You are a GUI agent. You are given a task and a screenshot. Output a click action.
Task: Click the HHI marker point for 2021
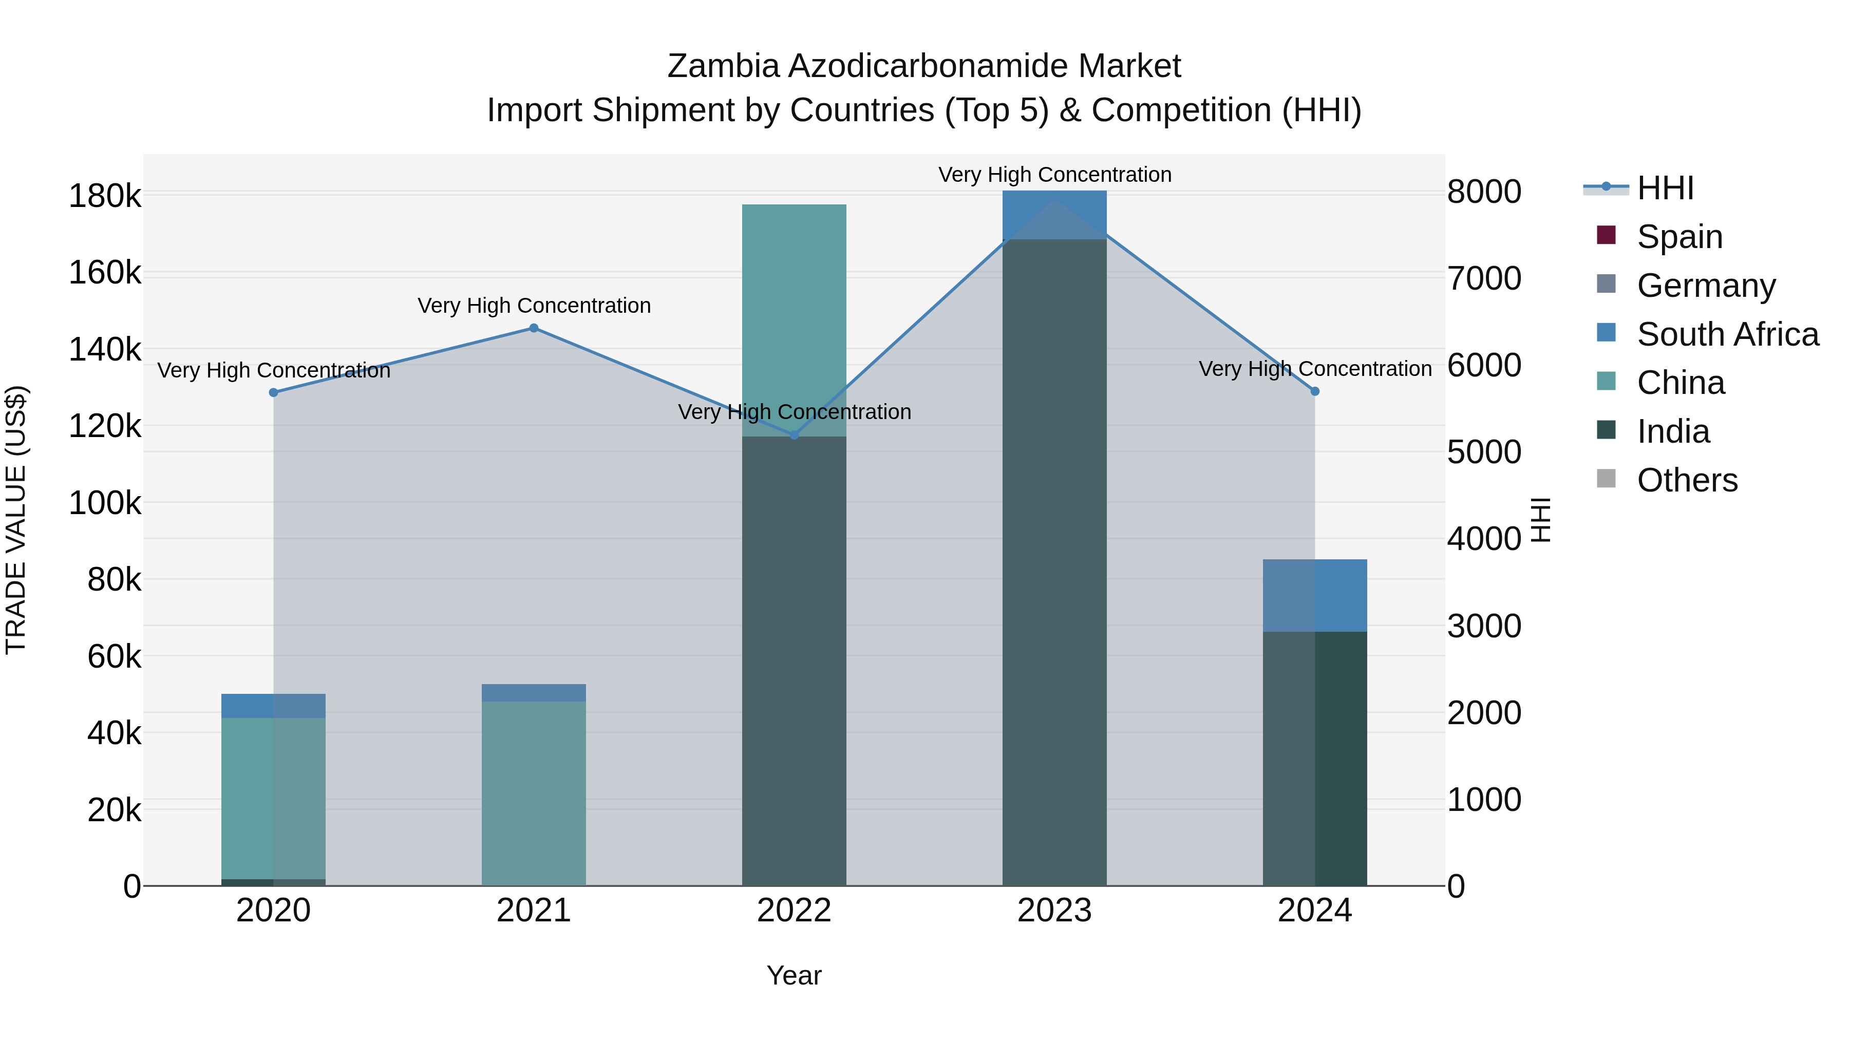(533, 328)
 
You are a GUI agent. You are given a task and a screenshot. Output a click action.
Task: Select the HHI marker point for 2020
(273, 392)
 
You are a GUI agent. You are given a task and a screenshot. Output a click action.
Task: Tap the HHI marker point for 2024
(1315, 391)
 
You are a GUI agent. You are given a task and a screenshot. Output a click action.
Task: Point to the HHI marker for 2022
(794, 435)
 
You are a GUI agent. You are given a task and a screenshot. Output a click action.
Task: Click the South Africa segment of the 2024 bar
(1315, 595)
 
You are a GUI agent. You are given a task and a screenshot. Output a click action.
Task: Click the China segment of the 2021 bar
(533, 793)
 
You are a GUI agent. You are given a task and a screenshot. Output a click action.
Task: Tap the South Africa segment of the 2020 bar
(273, 706)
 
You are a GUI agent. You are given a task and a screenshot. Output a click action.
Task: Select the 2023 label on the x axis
(1054, 911)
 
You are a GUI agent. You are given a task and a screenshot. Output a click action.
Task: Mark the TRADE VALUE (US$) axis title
(16, 520)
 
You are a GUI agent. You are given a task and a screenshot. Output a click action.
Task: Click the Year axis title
(794, 975)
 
